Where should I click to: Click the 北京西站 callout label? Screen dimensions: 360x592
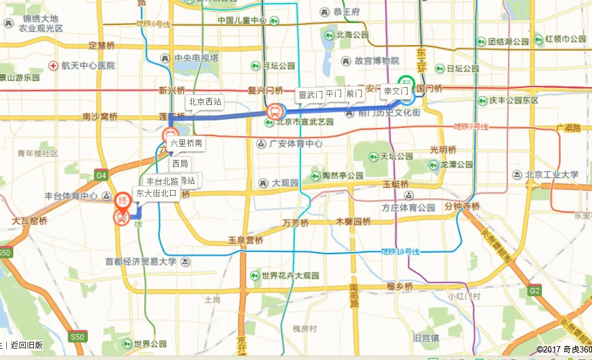point(205,102)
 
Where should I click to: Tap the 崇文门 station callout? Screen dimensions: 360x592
point(396,92)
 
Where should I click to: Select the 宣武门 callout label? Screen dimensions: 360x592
point(310,95)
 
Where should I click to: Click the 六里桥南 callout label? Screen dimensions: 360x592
point(186,143)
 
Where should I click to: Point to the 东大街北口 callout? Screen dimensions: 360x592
point(157,193)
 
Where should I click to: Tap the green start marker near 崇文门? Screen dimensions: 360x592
point(407,82)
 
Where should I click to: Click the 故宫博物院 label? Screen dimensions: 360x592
point(376,61)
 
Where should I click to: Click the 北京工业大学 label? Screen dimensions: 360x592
point(551,174)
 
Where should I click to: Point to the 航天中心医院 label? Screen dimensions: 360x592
point(88,65)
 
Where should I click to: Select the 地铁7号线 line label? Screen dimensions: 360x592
point(471,127)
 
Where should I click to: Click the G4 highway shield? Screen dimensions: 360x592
point(102,176)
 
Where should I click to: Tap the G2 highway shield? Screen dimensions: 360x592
point(534,290)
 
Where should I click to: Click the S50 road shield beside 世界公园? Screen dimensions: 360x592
point(77,337)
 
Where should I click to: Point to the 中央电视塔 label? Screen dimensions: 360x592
point(196,58)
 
